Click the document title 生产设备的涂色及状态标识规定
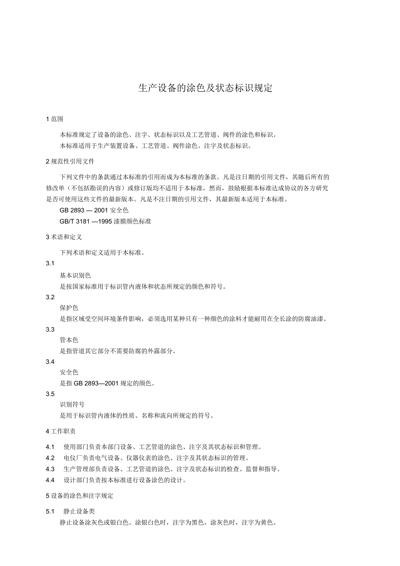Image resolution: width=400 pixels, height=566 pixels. click(x=205, y=88)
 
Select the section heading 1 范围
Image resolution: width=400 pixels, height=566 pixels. click(x=54, y=119)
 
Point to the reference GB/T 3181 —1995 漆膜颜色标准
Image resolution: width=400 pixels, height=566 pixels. click(x=105, y=221)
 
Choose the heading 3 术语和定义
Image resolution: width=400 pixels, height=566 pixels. click(x=64, y=237)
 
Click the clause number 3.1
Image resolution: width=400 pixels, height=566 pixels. click(x=50, y=264)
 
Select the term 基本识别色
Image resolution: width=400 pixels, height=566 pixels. click(x=75, y=275)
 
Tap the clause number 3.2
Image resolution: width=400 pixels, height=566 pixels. click(x=50, y=297)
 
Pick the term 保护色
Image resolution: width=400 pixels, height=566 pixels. click(x=69, y=308)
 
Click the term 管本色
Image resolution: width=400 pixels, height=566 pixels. click(x=69, y=340)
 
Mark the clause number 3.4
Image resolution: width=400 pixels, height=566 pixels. click(x=50, y=362)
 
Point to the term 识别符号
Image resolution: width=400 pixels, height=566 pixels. click(x=72, y=404)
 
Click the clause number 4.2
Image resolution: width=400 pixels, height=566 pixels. click(x=50, y=458)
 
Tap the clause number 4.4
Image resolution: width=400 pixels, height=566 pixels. click(x=50, y=480)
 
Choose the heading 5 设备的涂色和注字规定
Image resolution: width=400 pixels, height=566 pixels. click(x=80, y=496)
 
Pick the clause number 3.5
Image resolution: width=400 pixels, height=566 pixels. click(x=50, y=394)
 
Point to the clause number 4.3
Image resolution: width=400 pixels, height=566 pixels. click(x=50, y=469)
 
